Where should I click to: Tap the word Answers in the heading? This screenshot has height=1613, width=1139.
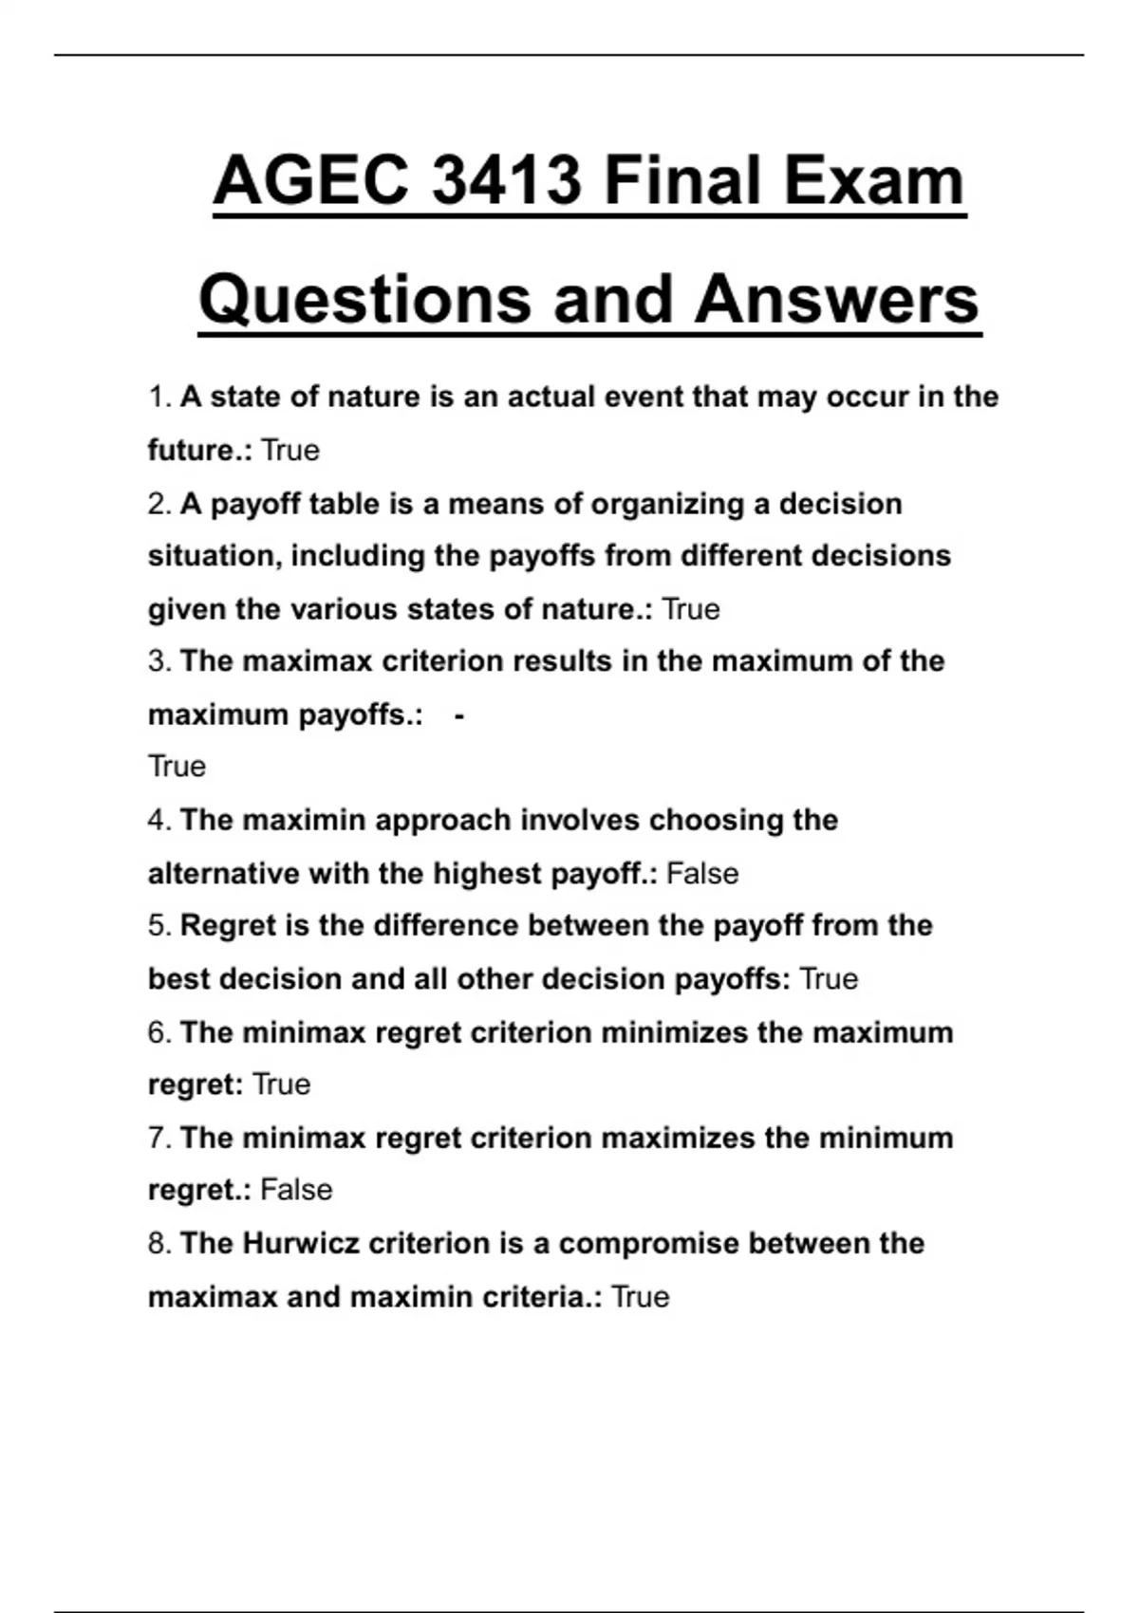click(x=836, y=299)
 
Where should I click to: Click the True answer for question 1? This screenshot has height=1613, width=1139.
click(x=290, y=450)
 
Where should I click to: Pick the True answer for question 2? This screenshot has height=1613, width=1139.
click(x=690, y=608)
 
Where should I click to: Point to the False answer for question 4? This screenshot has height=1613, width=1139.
click(x=702, y=873)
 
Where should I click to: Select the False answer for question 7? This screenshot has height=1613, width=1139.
click(x=296, y=1190)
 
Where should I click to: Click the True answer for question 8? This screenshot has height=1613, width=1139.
click(x=641, y=1296)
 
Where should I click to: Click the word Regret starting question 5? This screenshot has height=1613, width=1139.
click(x=224, y=925)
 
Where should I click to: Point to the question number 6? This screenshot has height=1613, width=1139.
click(x=158, y=1032)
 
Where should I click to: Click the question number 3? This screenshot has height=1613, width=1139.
click(x=158, y=661)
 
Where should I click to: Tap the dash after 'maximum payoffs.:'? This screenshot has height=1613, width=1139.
click(x=459, y=714)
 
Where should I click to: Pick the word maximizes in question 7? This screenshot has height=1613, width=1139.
click(x=678, y=1137)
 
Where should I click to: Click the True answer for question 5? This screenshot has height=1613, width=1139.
click(x=829, y=978)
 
